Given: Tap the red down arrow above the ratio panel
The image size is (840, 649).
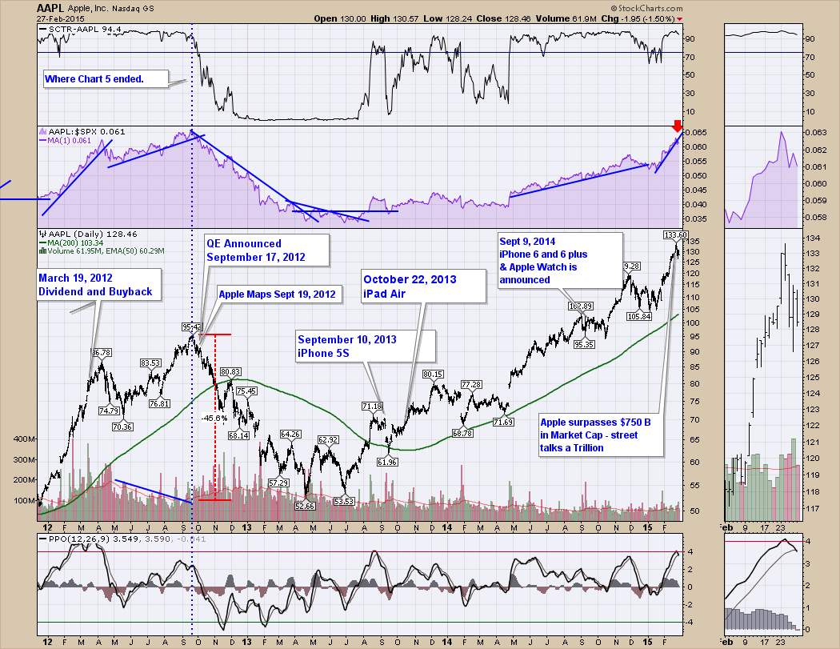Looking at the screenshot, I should [677, 126].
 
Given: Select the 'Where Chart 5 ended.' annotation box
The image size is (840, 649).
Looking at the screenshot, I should [104, 78].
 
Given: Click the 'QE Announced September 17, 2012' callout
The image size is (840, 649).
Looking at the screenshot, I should [256, 250].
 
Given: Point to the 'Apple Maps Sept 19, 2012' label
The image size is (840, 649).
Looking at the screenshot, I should [278, 294].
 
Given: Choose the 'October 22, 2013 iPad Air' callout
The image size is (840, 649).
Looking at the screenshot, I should [422, 286].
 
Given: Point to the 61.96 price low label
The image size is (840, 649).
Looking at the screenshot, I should [387, 462].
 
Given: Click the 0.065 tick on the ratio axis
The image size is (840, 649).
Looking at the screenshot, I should [700, 132].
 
